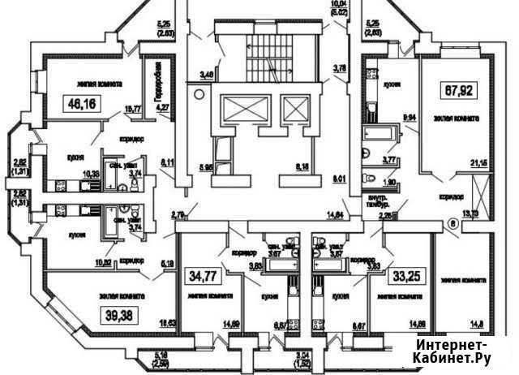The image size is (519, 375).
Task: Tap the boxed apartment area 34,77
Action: click(x=203, y=273)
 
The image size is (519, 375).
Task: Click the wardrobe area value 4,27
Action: click(x=161, y=106)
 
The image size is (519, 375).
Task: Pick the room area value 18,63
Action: click(x=169, y=323)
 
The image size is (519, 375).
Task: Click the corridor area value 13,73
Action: click(x=470, y=214)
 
